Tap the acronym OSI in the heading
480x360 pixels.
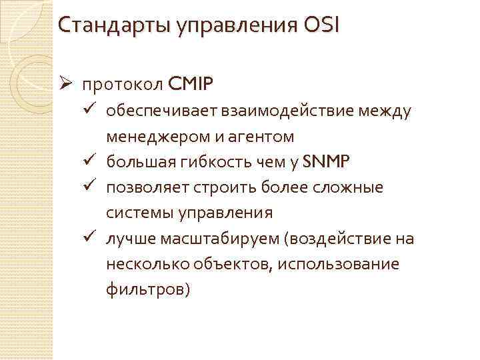(x=321, y=26)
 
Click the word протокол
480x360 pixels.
(x=122, y=85)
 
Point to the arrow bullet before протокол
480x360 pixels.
(x=65, y=85)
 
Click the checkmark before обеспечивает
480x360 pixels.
(x=92, y=111)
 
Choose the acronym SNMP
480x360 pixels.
(x=331, y=162)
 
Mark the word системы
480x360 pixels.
(x=134, y=213)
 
